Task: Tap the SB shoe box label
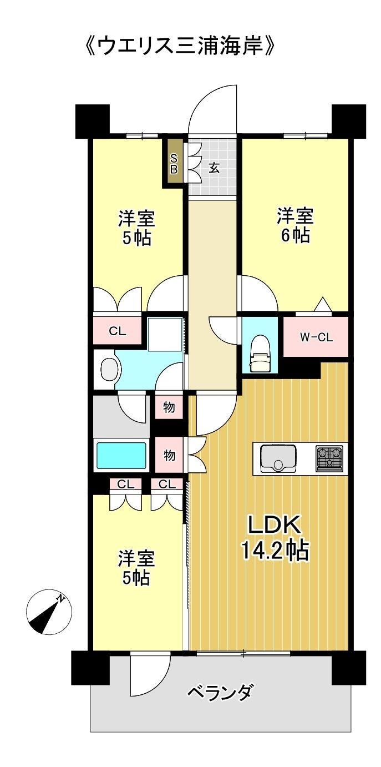click(x=174, y=163)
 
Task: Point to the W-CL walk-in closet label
click(x=316, y=337)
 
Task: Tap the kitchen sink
click(x=278, y=458)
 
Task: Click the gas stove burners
click(x=329, y=458)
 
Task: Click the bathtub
click(x=121, y=456)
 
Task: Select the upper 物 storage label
click(x=169, y=407)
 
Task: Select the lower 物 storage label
click(x=169, y=456)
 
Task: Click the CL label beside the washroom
click(x=118, y=331)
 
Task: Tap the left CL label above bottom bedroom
click(x=125, y=484)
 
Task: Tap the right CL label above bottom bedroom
click(x=167, y=484)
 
